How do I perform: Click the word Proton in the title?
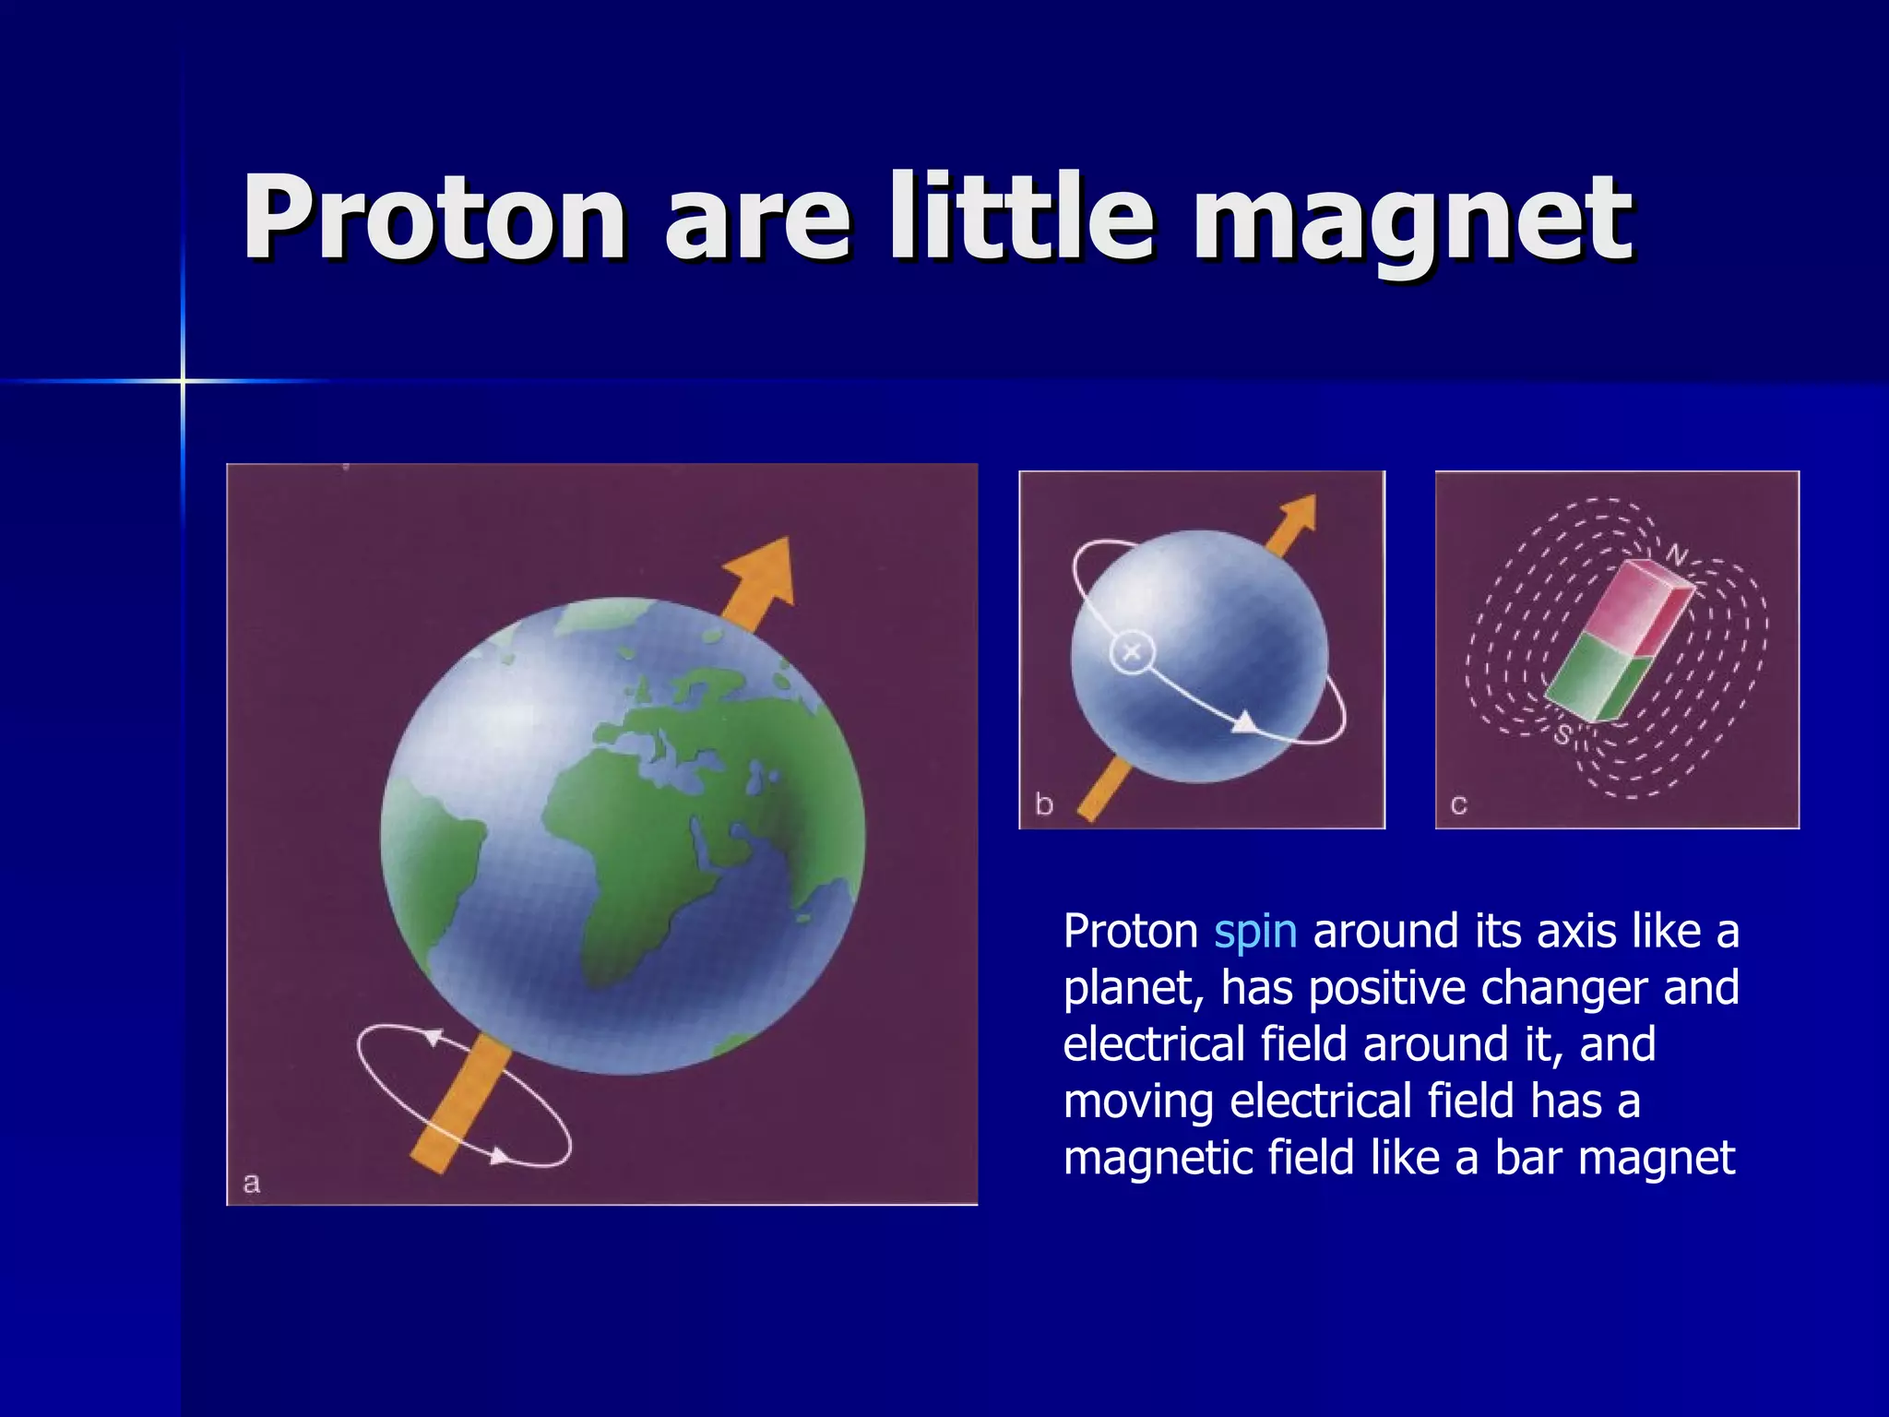click(434, 218)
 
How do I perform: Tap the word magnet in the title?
click(1412, 221)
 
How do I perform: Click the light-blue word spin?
click(1255, 932)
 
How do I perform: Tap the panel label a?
click(251, 1183)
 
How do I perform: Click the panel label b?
click(1044, 804)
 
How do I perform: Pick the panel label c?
click(1458, 804)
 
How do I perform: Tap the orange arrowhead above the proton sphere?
click(1299, 517)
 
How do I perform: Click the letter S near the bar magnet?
click(1562, 735)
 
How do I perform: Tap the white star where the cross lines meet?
click(183, 380)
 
